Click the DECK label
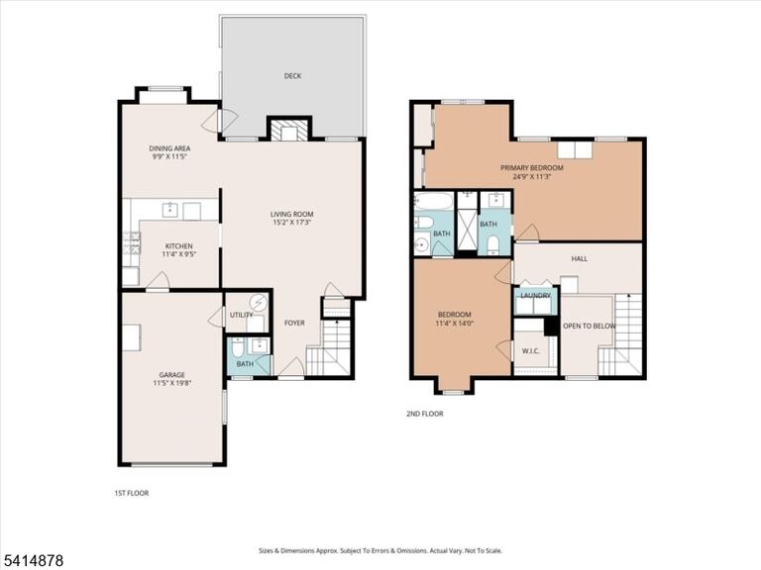pos(292,75)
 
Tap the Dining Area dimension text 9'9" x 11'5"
pos(168,156)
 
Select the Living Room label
pos(291,214)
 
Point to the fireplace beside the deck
pos(288,130)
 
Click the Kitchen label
pos(178,245)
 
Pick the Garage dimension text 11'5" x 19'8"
pos(171,383)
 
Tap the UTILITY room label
pos(241,315)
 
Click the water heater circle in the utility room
pos(259,303)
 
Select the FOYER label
pos(294,323)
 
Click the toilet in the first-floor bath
pos(238,347)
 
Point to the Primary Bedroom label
pos(532,167)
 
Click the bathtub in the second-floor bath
pos(434,201)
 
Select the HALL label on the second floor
pos(580,259)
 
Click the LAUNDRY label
pos(536,296)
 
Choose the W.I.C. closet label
pos(531,351)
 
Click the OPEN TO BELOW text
pos(590,326)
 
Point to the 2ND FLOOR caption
pos(425,414)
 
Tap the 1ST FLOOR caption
pos(132,493)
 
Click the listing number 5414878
pos(32,561)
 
